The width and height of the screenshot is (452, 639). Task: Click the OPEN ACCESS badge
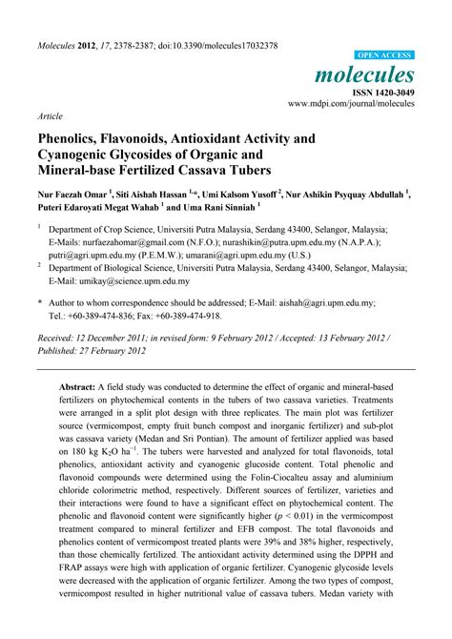(x=383, y=56)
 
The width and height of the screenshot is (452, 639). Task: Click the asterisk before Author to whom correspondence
(x=40, y=301)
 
